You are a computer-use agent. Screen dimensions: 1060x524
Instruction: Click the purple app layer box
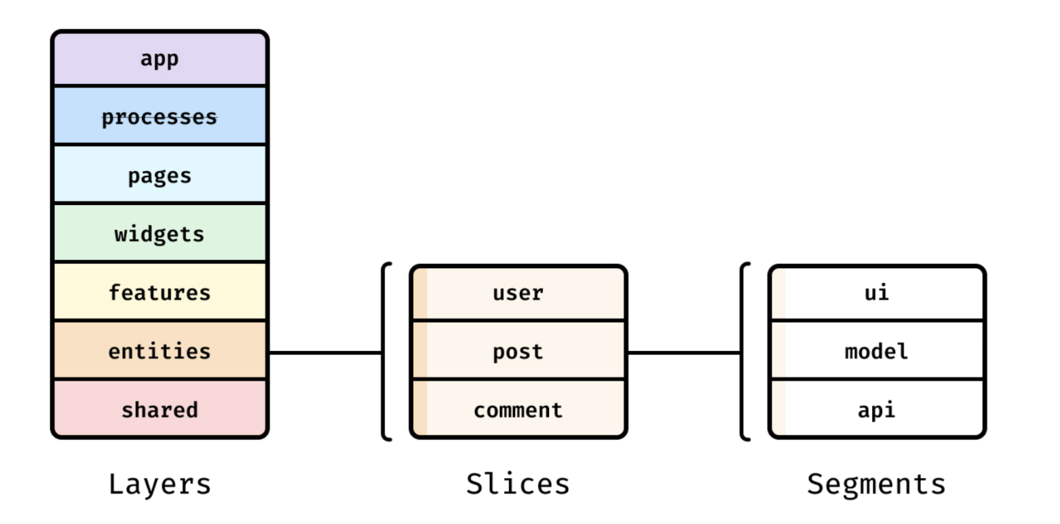point(160,58)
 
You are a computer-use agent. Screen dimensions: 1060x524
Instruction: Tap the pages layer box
point(160,174)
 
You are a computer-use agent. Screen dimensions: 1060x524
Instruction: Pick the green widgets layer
point(160,233)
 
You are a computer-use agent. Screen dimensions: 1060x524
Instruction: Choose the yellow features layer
point(160,292)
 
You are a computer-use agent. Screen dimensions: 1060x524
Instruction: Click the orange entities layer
point(160,350)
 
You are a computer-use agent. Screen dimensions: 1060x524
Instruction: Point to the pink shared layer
point(160,409)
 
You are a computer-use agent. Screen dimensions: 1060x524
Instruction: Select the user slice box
point(518,293)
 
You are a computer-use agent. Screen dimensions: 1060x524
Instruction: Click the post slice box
point(518,351)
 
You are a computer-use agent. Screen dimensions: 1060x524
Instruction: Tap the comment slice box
point(518,409)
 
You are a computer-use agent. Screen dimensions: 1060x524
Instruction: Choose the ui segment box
point(877,293)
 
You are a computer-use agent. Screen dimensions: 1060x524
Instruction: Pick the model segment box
point(877,351)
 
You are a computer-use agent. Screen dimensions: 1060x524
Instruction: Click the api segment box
point(877,409)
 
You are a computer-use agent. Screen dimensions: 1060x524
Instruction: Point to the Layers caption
point(160,485)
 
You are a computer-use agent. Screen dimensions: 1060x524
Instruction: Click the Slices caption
point(518,484)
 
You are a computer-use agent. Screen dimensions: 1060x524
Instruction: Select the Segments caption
point(876,485)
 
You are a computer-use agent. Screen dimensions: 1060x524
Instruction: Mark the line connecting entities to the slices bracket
point(325,353)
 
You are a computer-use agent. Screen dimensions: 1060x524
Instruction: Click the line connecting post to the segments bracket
point(684,353)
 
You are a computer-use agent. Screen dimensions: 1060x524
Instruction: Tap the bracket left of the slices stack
point(383,352)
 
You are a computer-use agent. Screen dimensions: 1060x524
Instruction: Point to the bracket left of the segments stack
point(742,352)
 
